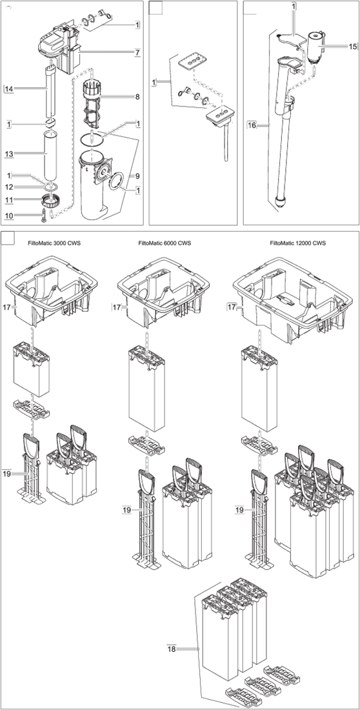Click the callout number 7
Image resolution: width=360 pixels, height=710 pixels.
pos(136,52)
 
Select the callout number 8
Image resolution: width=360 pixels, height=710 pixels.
pos(136,97)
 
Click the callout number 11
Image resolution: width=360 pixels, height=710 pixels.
pos(8,199)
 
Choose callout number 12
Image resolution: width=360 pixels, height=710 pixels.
pos(8,187)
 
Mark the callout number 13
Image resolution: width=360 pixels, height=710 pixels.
pos(8,154)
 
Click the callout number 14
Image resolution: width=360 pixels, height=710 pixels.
pos(8,89)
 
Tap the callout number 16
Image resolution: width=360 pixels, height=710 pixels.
pos(252,125)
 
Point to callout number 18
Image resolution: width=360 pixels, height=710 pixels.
pos(171,649)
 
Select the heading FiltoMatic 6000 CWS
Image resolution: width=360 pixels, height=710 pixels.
pos(165,243)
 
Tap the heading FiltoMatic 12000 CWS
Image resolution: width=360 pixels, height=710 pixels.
pos(297,243)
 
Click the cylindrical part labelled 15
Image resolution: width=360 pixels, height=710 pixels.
pos(315,46)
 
